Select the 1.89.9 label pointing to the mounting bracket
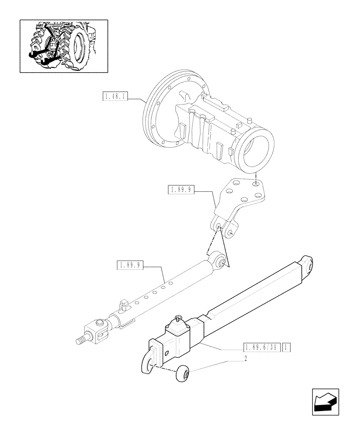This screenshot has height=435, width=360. coord(181,189)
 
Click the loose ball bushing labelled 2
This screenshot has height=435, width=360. coord(183,374)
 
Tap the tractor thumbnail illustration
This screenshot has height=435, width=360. coord(63,46)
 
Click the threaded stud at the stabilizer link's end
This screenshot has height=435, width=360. coord(81,340)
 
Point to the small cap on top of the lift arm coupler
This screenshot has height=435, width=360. coord(178,326)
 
